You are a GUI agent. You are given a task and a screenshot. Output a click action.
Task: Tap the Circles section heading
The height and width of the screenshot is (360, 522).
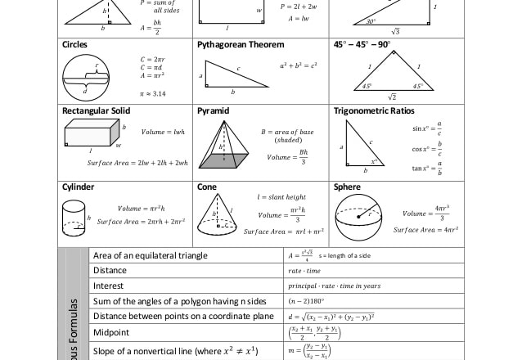[x=75, y=44]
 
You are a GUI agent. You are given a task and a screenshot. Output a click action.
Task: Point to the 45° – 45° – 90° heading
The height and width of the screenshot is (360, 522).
[x=362, y=44]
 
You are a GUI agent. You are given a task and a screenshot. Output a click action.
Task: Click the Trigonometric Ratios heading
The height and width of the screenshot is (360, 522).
[x=374, y=110]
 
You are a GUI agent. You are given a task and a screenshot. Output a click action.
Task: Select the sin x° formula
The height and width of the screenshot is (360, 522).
[x=427, y=128]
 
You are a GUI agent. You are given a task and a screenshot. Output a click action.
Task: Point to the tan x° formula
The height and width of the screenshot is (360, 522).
[x=427, y=169]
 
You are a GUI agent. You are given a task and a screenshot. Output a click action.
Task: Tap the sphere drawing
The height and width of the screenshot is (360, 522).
[x=358, y=218]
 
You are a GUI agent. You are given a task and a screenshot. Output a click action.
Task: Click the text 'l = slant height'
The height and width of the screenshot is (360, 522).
[x=281, y=197]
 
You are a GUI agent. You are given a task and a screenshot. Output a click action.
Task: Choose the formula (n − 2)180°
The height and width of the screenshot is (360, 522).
[x=305, y=301]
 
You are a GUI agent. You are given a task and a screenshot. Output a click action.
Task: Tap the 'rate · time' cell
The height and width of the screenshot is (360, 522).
[x=304, y=271]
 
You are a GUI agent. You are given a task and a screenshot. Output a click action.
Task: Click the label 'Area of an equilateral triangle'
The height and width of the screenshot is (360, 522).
[x=150, y=255]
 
